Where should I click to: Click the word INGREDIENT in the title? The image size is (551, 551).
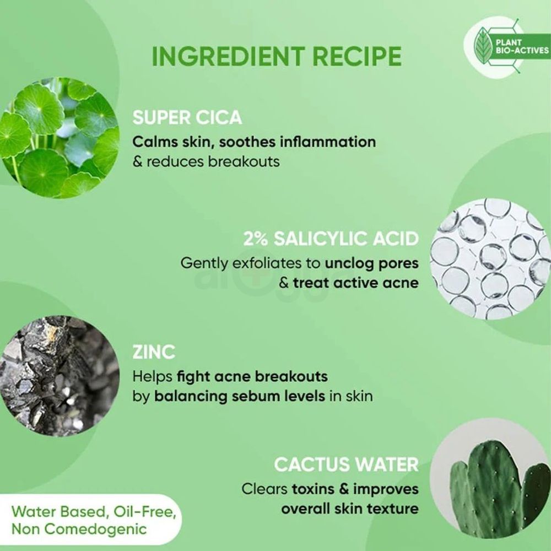pyautogui.click(x=228, y=56)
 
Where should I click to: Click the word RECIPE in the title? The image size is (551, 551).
pyautogui.click(x=357, y=56)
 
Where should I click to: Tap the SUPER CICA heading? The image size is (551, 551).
pyautogui.click(x=187, y=117)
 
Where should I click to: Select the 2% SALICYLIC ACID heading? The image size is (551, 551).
pyautogui.click(x=331, y=239)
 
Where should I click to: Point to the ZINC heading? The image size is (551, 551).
pyautogui.click(x=154, y=352)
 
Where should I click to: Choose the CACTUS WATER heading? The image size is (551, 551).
pyautogui.click(x=346, y=464)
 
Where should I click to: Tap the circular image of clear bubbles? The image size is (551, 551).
pyautogui.click(x=491, y=259)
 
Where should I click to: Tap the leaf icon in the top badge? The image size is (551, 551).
pyautogui.click(x=484, y=46)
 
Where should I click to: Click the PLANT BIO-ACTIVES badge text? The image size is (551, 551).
pyautogui.click(x=522, y=46)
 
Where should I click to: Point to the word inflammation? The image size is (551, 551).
pyautogui.click(x=328, y=142)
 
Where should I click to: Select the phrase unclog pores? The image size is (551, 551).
pyautogui.click(x=372, y=263)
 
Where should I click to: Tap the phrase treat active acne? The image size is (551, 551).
pyautogui.click(x=356, y=283)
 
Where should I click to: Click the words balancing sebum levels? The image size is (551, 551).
pyautogui.click(x=240, y=396)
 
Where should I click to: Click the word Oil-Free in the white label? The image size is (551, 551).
pyautogui.click(x=144, y=512)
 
